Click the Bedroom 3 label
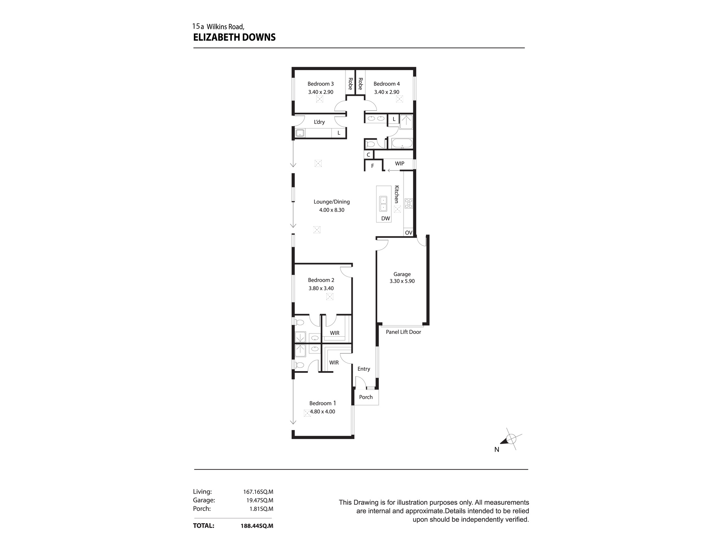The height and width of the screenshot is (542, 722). pos(321,84)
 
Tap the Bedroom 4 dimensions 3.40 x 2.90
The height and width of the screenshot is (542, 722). pos(387,92)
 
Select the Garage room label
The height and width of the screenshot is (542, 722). pos(402,274)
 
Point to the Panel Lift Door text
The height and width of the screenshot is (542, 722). pos(403,332)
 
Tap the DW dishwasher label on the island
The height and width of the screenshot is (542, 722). pos(386,219)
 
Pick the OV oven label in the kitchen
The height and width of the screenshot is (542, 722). pos(408,233)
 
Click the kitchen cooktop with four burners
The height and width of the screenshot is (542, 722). pos(408,203)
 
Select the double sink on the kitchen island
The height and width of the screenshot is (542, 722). pos(383,204)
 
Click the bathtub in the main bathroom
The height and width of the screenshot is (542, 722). pos(402,143)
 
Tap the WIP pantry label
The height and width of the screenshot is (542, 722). pos(399,164)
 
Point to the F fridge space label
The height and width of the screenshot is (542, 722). pos(373,166)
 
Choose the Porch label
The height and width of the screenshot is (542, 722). pos(366,397)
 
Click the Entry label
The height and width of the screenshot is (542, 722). pos(364,369)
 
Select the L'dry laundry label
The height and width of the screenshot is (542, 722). pos(319,122)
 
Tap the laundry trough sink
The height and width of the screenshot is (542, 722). pos(300,133)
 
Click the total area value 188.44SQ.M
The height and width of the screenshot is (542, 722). pos(257,526)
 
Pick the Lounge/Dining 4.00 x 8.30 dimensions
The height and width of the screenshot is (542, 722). pos(331,210)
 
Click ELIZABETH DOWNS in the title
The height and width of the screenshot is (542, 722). pos(234,37)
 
